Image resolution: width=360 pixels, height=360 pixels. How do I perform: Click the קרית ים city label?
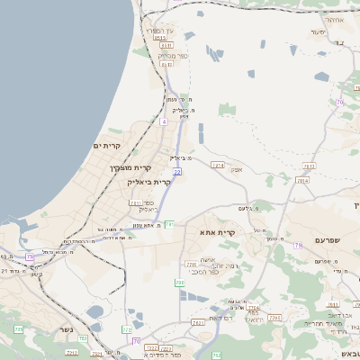(106, 145)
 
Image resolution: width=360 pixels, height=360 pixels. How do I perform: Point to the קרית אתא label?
(220, 232)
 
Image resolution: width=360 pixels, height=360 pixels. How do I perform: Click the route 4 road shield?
(164, 121)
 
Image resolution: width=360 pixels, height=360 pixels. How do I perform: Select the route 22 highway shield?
(177, 171)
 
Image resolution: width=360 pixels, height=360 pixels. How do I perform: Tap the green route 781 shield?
(168, 223)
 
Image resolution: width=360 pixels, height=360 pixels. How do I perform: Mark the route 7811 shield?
(135, 203)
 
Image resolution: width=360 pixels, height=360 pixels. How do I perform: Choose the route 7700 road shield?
(191, 264)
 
